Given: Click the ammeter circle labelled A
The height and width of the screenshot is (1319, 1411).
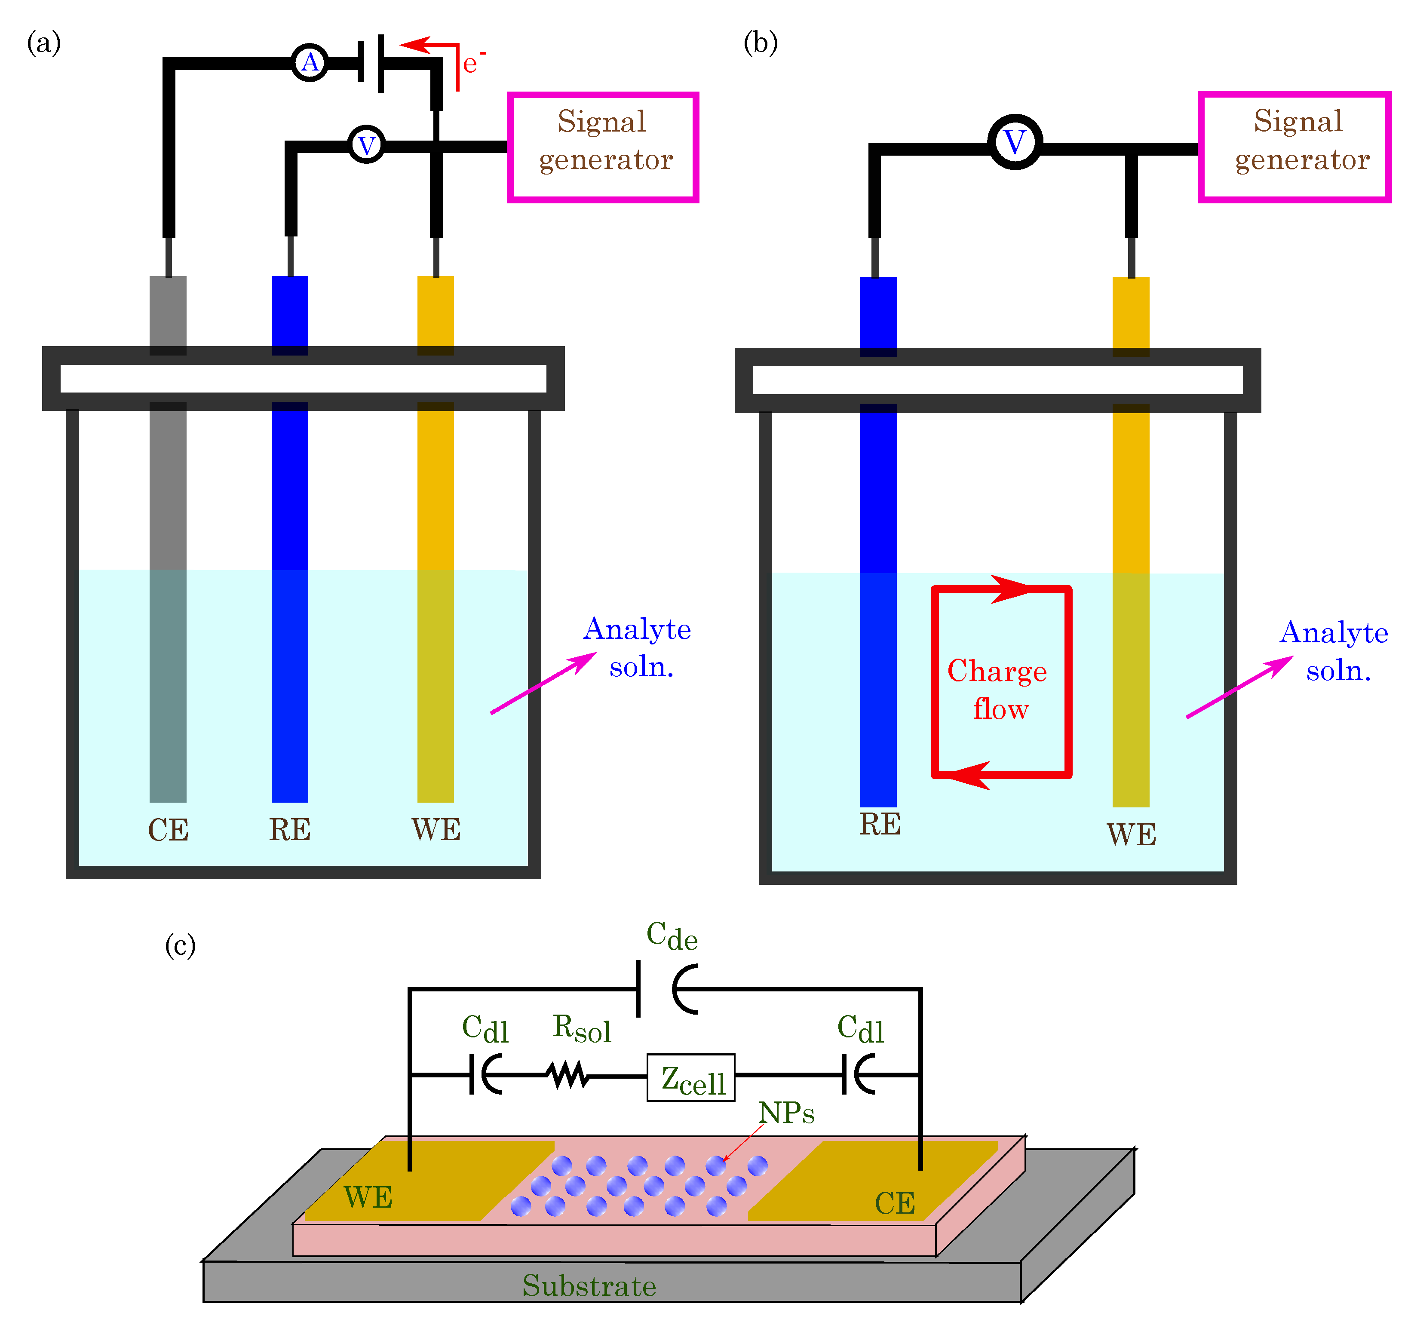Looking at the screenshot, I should click(310, 63).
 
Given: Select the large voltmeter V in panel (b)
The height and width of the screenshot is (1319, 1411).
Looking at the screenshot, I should click(1015, 142).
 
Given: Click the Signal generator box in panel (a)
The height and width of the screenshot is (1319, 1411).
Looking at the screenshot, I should click(603, 147).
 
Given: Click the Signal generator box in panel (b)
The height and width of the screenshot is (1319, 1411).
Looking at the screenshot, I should click(1294, 147).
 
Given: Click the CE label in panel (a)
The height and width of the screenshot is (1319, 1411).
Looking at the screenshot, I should click(168, 830).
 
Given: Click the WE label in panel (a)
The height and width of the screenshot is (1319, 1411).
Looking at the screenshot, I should click(436, 829).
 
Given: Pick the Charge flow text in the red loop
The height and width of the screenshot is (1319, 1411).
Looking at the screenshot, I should click(997, 689).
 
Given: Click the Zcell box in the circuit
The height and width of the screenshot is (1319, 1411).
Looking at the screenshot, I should click(690, 1078).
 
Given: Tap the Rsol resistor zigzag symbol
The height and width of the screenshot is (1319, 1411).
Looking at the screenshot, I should click(568, 1075).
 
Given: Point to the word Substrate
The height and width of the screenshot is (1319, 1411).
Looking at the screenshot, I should click(589, 1285).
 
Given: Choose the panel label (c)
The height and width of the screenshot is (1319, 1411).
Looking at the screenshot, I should click(180, 945).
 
